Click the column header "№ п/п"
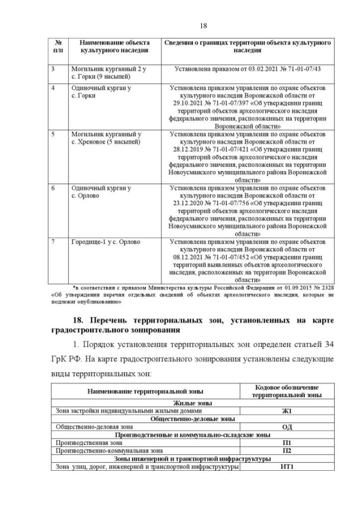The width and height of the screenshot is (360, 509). [57, 46]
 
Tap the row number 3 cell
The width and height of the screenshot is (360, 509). [53, 69]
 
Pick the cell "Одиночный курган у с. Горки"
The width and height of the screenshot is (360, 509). [101, 92]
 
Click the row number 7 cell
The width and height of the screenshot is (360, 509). [53, 242]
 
